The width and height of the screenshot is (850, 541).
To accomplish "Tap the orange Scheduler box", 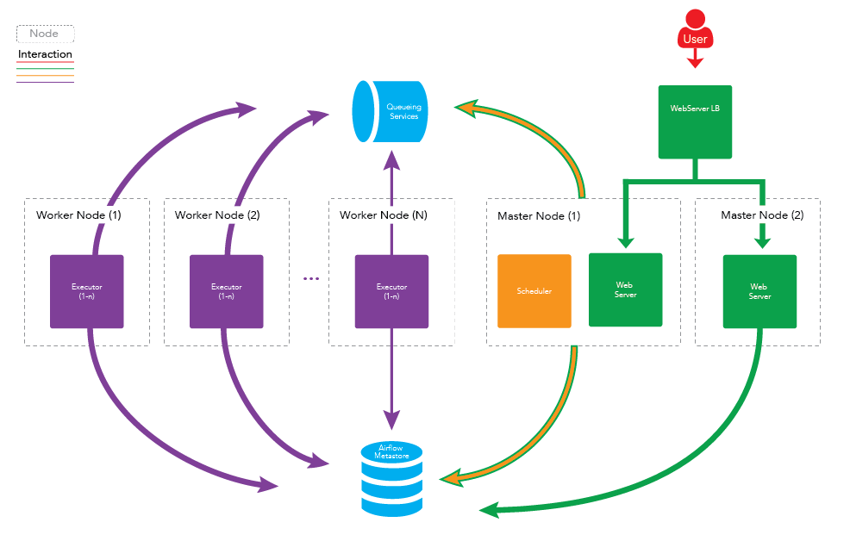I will point(534,291).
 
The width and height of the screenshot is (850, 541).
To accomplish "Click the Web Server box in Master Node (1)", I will point(625,289).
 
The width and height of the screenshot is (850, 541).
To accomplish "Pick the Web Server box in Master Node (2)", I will point(759,292).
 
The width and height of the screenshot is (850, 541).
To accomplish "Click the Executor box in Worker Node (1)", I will point(86,291).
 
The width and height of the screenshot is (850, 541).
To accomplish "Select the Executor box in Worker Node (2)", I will point(226,291).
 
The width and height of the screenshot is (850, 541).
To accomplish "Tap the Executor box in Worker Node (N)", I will point(391,291).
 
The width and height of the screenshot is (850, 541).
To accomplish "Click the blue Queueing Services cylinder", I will point(392,111).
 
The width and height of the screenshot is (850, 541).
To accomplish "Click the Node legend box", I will point(45,34).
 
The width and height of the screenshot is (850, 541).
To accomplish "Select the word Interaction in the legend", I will point(45,54).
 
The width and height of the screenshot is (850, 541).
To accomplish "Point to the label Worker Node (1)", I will point(78,215).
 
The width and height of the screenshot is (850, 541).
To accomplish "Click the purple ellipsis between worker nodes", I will point(311,278).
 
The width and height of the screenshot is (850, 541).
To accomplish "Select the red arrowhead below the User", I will point(695,62).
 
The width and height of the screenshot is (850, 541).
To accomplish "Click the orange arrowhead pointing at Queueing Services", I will point(466,107).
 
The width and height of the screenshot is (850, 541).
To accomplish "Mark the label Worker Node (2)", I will point(217,215).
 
